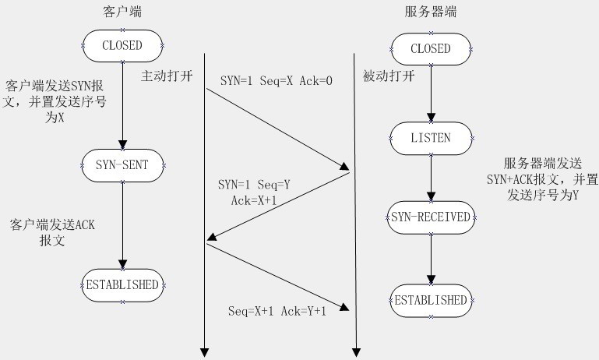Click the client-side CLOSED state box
point(122,45)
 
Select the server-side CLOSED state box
point(430,48)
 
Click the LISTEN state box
point(430,137)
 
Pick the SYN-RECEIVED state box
point(430,217)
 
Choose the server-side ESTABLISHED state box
point(430,300)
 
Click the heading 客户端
point(122,12)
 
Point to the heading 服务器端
point(430,12)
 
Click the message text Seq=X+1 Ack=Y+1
point(277,311)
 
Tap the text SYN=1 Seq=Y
point(254,185)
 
